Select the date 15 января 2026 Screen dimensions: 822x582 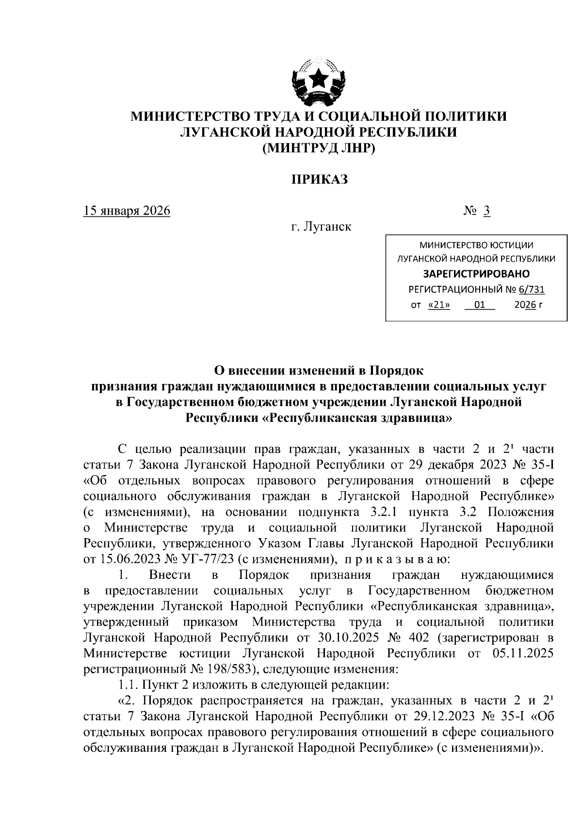pos(127,211)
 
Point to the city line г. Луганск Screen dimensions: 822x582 pos(321,226)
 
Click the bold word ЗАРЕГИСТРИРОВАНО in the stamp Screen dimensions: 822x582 pos(476,274)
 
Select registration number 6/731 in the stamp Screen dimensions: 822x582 pos(532,290)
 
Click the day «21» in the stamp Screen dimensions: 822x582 pos(439,305)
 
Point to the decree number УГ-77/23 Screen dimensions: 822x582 pos(206,559)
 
